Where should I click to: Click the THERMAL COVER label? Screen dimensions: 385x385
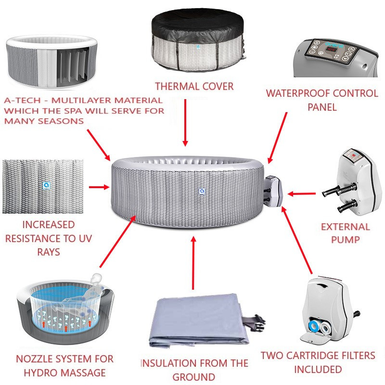point(194,87)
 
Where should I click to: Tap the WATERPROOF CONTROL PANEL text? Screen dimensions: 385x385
point(322,100)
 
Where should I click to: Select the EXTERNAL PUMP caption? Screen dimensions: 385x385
point(346,233)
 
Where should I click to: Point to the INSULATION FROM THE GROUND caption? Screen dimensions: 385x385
point(194,369)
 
